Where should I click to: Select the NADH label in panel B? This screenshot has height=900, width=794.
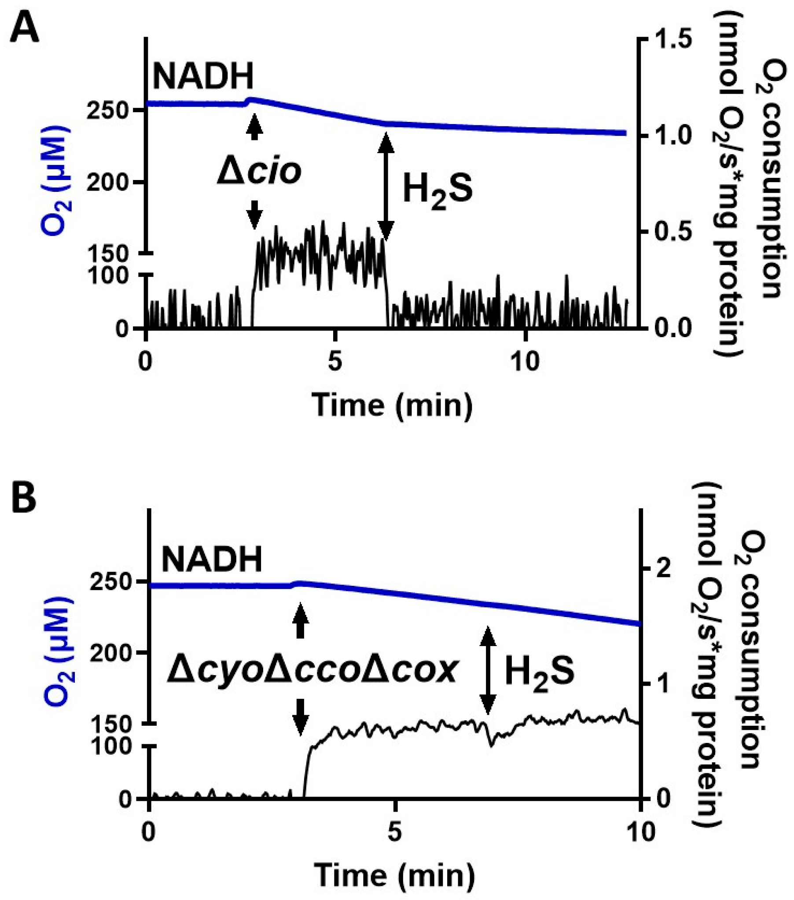[212, 560]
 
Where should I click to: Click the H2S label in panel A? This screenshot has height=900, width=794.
[438, 190]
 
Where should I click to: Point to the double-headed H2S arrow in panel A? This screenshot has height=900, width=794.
[386, 187]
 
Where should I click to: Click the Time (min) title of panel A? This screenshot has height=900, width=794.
[391, 404]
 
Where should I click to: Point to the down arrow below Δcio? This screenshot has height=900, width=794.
[254, 215]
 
